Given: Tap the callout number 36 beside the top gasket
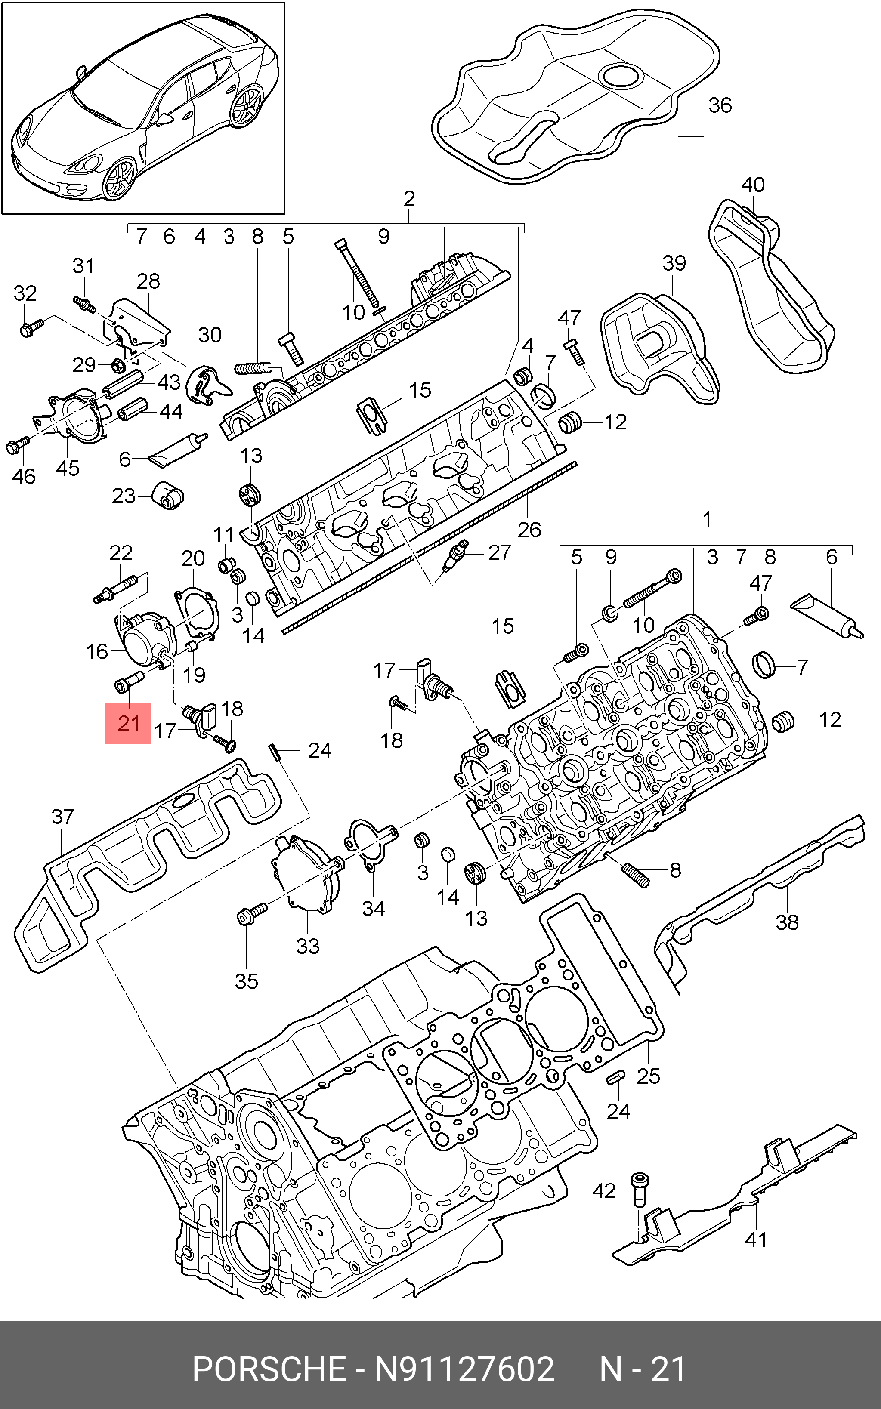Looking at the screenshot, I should pos(720,105).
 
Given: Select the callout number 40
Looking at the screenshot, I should pos(752,185).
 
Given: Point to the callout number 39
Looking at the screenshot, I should pos(674,263).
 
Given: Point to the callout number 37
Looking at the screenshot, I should pos(63,817).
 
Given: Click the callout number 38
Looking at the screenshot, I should pos(787,922).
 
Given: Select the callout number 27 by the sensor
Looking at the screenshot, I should pos(499,552).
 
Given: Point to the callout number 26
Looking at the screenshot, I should pos(529,530).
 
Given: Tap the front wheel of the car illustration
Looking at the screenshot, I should pos(120,179).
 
